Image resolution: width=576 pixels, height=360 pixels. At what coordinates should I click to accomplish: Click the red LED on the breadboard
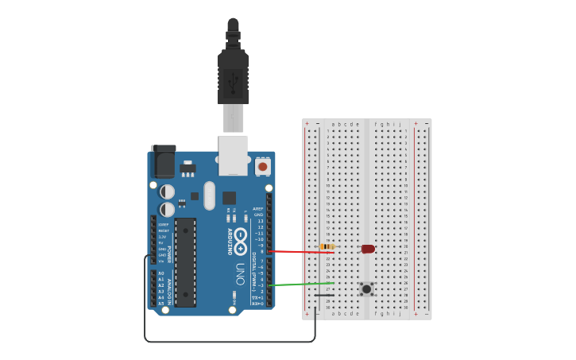pyautogui.click(x=368, y=249)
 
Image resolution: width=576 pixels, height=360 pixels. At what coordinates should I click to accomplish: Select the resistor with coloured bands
pyautogui.click(x=327, y=246)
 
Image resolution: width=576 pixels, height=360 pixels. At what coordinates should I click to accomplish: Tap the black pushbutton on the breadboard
pyautogui.click(x=366, y=288)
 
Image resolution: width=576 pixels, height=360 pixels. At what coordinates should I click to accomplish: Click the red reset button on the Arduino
pyautogui.click(x=262, y=167)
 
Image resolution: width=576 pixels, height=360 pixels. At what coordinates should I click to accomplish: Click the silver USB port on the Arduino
pyautogui.click(x=233, y=154)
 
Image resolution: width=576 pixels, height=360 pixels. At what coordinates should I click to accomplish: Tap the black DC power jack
pyautogui.click(x=164, y=162)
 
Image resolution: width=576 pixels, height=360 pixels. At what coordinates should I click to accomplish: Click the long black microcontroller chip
pyautogui.click(x=185, y=262)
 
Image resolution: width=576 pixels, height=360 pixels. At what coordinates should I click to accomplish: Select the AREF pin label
pyautogui.click(x=258, y=209)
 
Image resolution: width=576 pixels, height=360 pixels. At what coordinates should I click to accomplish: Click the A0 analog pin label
pyautogui.click(x=160, y=273)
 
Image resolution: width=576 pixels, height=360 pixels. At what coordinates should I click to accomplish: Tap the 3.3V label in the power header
pyautogui.click(x=162, y=237)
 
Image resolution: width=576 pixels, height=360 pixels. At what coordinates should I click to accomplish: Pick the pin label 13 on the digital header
pyautogui.click(x=260, y=221)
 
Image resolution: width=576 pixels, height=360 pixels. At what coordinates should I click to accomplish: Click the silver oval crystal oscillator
pyautogui.click(x=209, y=195)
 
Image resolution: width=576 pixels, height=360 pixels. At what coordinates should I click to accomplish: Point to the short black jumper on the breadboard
pyautogui.click(x=324, y=295)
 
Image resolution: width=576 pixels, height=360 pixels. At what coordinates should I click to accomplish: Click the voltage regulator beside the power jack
pyautogui.click(x=187, y=168)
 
